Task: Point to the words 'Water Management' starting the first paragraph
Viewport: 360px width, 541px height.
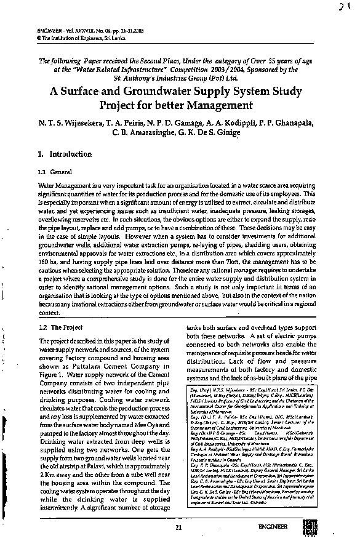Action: coord(62,185)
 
